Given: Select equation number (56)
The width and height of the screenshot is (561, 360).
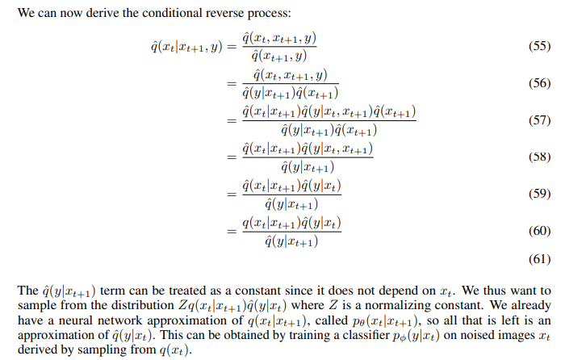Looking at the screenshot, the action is [x=538, y=83].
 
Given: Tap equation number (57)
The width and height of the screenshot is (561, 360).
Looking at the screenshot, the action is [x=538, y=120].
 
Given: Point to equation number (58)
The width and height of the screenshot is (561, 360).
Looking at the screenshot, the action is [x=538, y=157].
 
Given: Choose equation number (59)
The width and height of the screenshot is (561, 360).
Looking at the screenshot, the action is [x=538, y=194].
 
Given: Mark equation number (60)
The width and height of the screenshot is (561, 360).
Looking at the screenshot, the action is [x=538, y=231].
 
